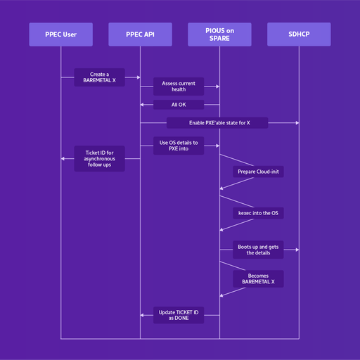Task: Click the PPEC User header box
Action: pyautogui.click(x=60, y=34)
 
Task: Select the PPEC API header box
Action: pyautogui.click(x=140, y=34)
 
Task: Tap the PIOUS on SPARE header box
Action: pyautogui.click(x=219, y=34)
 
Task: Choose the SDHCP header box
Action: pyautogui.click(x=299, y=34)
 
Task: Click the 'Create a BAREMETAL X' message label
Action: pyautogui.click(x=100, y=77)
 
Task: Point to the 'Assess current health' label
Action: pyautogui.click(x=179, y=86)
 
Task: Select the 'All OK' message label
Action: pyautogui.click(x=179, y=105)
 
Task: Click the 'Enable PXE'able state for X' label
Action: pyautogui.click(x=219, y=123)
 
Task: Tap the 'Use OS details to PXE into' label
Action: pyautogui.click(x=179, y=146)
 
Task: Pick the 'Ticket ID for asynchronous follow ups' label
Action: pyautogui.click(x=100, y=159)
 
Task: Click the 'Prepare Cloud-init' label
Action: pyautogui.click(x=259, y=172)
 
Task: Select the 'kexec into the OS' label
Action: pyautogui.click(x=259, y=213)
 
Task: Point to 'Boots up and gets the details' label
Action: pyautogui.click(x=259, y=250)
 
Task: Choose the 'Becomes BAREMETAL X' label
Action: pyautogui.click(x=259, y=278)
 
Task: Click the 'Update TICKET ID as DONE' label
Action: pyautogui.click(x=179, y=315)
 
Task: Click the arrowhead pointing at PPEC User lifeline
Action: pyautogui.click(x=63, y=159)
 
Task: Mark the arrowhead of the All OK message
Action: pyautogui.click(x=143, y=105)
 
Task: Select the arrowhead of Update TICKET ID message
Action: pyautogui.click(x=143, y=315)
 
